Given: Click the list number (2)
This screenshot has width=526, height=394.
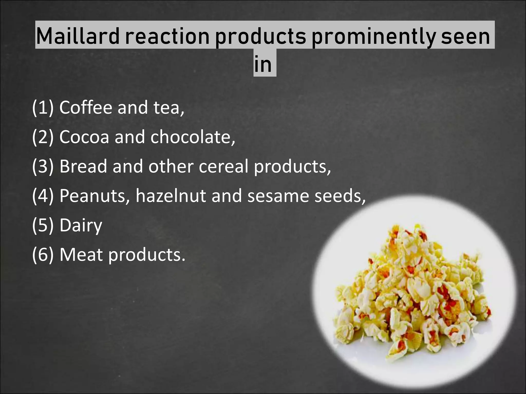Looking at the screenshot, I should [x=43, y=137].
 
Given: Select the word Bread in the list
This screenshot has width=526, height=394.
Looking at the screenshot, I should [x=83, y=166].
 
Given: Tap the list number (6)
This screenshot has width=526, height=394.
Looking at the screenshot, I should [x=43, y=255].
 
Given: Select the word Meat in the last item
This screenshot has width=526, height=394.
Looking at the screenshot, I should [x=81, y=255].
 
